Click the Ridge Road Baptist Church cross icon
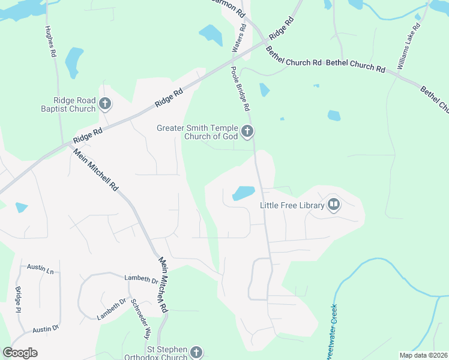click(x=104, y=104)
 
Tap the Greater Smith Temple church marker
click(x=247, y=131)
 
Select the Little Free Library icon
click(x=334, y=206)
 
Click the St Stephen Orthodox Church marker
click(x=196, y=353)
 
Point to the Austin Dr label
click(x=46, y=329)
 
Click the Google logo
click(x=20, y=353)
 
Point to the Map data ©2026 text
click(x=423, y=355)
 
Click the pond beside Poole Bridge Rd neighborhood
click(x=243, y=193)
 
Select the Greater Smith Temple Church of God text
click(x=197, y=132)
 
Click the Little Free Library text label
click(x=292, y=206)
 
